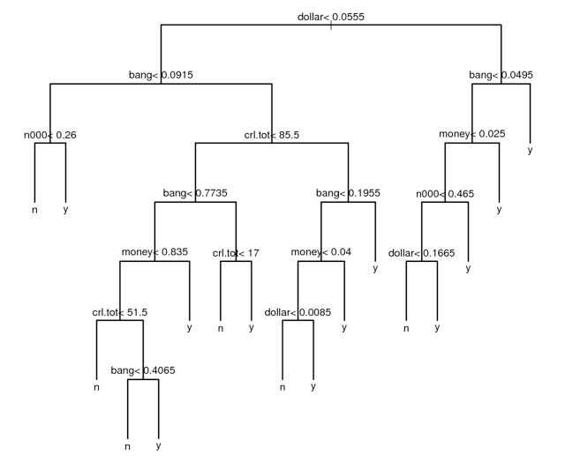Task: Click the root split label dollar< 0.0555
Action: [x=331, y=17]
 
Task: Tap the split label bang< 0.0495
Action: [x=501, y=76]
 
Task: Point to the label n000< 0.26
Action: [x=49, y=135]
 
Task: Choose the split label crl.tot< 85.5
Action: [x=272, y=135]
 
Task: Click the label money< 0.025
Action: [x=472, y=135]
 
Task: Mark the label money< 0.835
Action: [x=154, y=253]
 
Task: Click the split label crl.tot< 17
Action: [x=236, y=253]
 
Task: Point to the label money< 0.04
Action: [x=321, y=253]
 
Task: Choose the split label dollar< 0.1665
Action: [x=422, y=253]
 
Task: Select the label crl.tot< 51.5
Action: [x=119, y=312]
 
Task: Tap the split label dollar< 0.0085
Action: [x=298, y=312]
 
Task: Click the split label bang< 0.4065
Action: [x=142, y=371]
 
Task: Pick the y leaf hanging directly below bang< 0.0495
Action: [x=531, y=151]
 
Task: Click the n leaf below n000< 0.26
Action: [x=34, y=210]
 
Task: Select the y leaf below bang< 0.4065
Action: [x=158, y=446]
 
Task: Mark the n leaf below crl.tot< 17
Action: [x=220, y=328]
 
